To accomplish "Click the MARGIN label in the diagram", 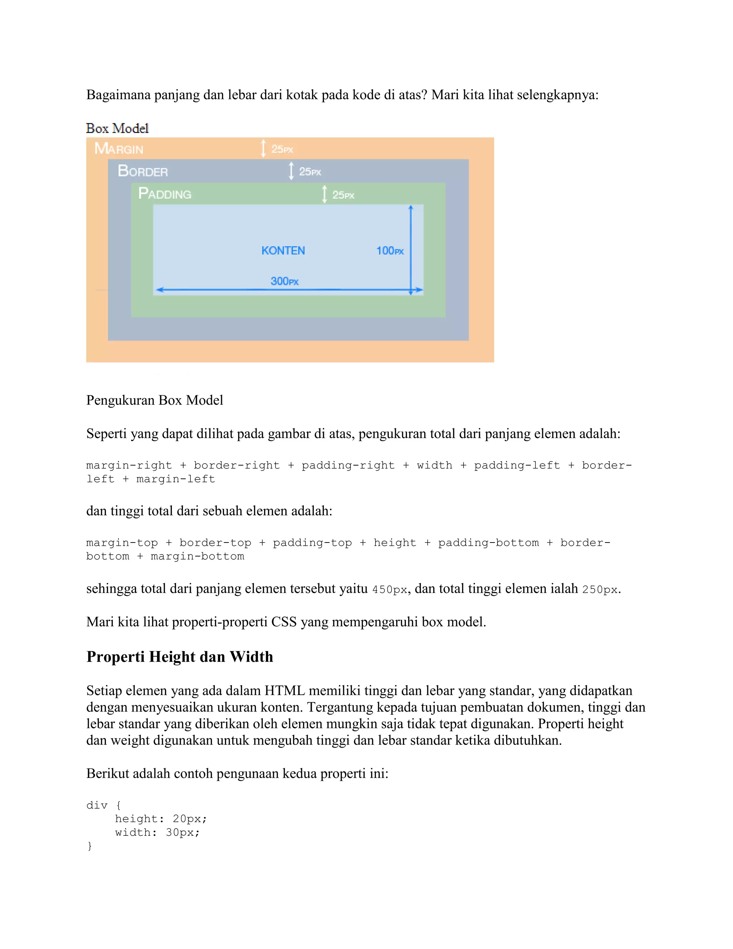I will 118,149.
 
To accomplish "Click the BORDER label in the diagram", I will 142,171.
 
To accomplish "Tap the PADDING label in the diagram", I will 165,193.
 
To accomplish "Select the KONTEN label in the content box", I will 283,251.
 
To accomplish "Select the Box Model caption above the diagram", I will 117,129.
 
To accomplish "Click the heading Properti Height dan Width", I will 180,656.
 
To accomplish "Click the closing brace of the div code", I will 89,846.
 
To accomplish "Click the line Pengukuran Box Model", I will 155,400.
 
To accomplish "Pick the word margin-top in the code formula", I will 122,543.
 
